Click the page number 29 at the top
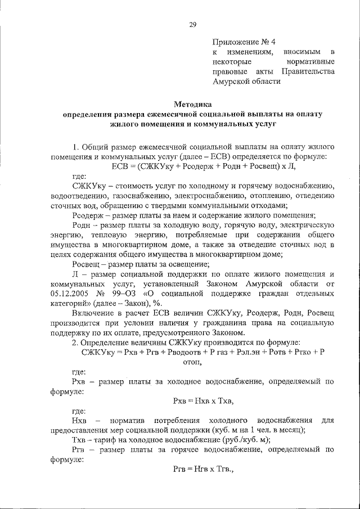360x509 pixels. [192, 24]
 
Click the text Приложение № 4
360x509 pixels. [244, 42]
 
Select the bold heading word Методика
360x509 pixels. [192, 103]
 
